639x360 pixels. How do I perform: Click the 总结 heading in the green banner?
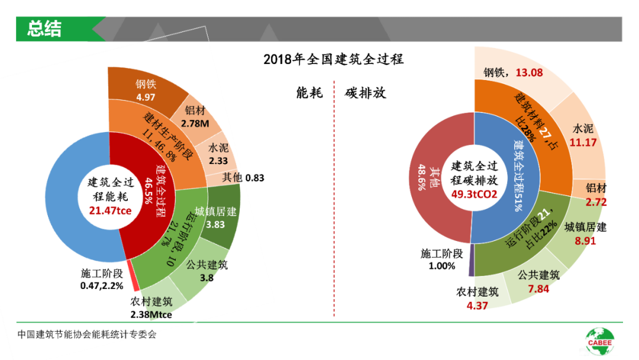(x=44, y=28)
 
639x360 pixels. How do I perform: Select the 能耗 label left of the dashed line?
(x=309, y=93)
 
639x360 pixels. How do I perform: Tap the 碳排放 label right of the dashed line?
(x=365, y=93)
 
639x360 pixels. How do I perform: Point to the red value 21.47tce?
(x=110, y=210)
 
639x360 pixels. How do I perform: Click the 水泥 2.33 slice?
(x=219, y=154)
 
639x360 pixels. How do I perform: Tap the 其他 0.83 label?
(x=243, y=177)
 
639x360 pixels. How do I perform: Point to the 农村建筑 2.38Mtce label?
(x=151, y=308)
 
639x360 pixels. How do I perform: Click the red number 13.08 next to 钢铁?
(x=529, y=73)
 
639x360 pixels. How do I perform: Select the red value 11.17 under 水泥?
(x=583, y=142)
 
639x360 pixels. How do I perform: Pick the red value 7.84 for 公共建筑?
(x=538, y=288)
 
